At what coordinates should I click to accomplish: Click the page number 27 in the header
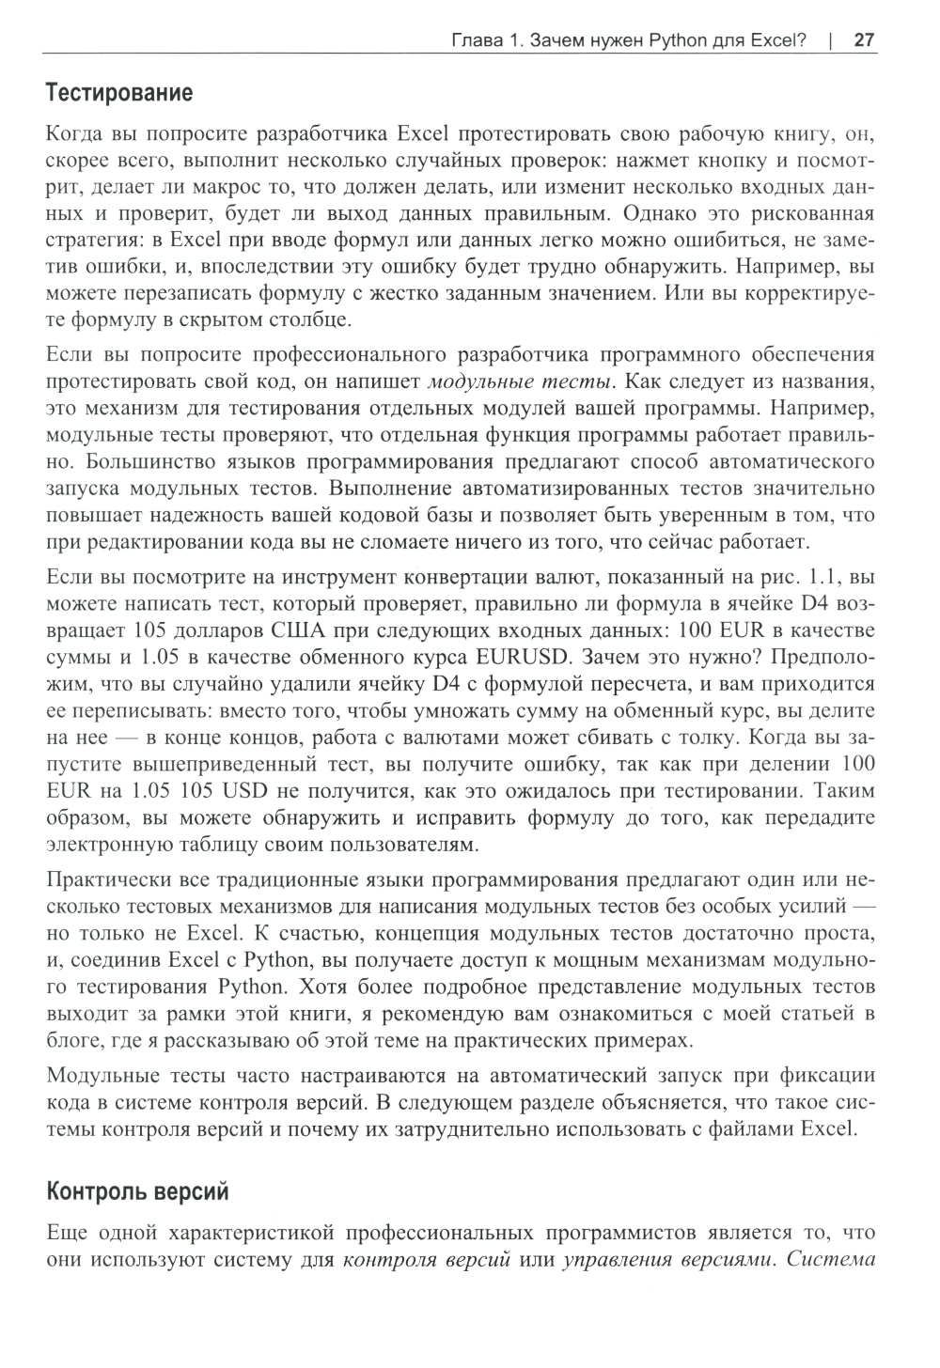(x=865, y=40)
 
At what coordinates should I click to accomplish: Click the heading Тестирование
(x=119, y=93)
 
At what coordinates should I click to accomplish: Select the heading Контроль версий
(x=137, y=1192)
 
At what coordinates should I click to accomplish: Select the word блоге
(x=71, y=1041)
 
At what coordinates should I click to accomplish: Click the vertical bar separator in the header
(x=831, y=40)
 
